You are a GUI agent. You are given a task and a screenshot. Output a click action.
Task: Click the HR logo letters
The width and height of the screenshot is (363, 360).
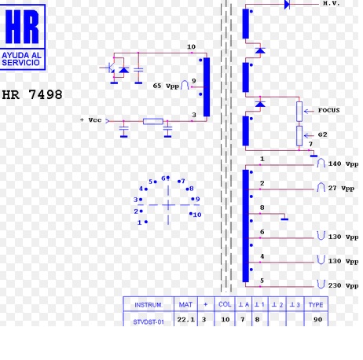tap(22, 26)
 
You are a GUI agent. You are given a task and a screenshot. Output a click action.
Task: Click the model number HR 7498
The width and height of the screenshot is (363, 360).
tap(32, 94)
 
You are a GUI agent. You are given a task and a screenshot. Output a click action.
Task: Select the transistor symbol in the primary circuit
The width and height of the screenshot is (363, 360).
tap(111, 68)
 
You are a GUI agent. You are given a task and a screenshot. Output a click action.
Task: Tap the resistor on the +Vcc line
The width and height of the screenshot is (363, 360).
tap(153, 121)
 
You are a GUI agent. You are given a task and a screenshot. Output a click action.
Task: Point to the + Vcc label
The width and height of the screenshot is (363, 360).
tap(90, 120)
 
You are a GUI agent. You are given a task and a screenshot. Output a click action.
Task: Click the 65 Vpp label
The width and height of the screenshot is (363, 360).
tap(166, 86)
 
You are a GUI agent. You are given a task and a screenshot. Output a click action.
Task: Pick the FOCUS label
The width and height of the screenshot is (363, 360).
tap(328, 110)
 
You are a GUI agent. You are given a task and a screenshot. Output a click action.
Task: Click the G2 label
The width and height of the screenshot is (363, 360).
tap(322, 134)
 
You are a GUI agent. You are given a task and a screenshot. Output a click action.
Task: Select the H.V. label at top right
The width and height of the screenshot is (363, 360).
tap(331, 3)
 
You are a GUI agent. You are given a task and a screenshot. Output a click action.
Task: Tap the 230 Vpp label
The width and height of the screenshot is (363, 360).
tap(343, 285)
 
